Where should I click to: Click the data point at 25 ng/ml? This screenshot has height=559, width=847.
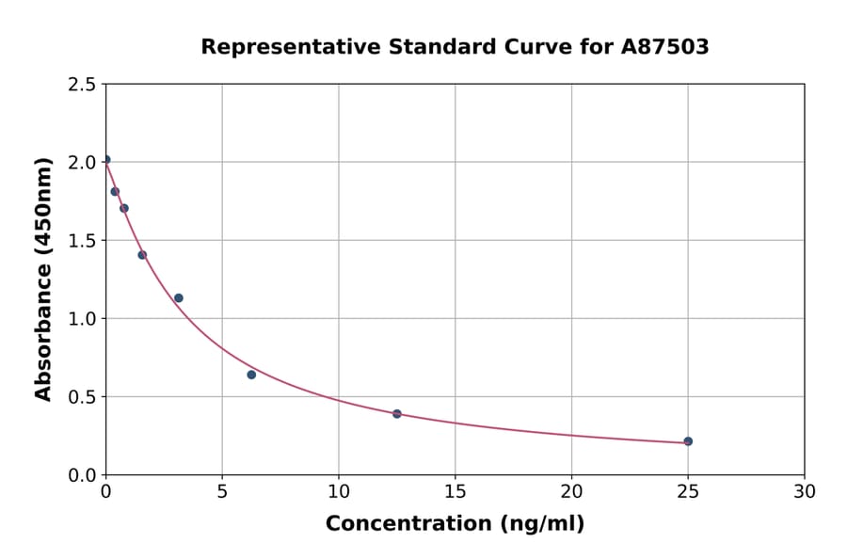point(688,441)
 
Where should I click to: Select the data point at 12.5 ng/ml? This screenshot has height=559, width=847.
point(397,414)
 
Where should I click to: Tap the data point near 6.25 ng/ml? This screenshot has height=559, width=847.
point(251,375)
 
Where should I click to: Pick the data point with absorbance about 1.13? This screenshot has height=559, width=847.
point(179,298)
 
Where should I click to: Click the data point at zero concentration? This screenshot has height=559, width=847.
point(106,160)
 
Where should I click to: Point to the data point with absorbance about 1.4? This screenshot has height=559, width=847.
point(142,255)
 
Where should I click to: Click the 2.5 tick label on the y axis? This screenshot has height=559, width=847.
point(82,85)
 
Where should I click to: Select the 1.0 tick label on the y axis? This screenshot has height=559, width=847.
point(82,319)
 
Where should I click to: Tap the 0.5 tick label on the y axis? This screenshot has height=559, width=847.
point(82,397)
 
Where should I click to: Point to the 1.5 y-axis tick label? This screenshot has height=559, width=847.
point(82,241)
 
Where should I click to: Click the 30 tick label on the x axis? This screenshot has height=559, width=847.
point(804,491)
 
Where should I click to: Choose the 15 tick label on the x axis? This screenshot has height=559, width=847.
point(455,491)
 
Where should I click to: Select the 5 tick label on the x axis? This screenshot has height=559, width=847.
point(222,491)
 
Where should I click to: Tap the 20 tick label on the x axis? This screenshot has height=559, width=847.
point(571,491)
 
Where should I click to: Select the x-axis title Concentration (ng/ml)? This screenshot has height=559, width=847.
point(455,524)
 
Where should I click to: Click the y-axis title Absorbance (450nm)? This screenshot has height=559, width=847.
point(43,279)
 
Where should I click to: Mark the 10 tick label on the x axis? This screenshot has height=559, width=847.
point(339,491)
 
